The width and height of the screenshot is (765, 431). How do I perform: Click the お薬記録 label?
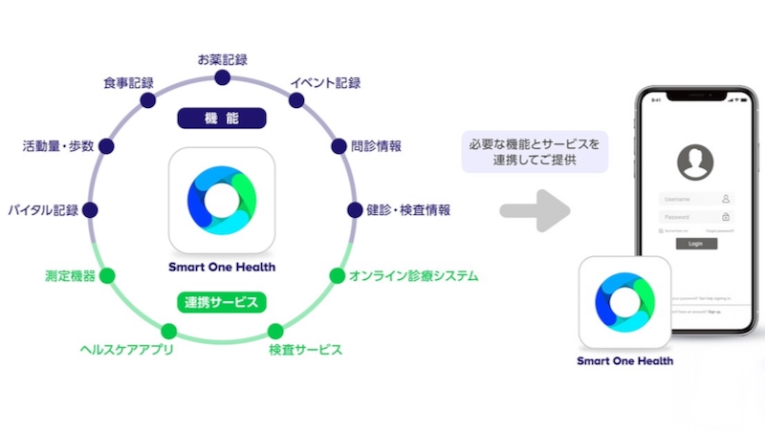click(222, 59)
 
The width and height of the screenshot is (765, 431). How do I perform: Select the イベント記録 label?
click(325, 83)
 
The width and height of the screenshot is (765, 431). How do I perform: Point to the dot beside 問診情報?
click(339, 147)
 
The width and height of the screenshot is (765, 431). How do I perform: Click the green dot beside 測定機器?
click(107, 276)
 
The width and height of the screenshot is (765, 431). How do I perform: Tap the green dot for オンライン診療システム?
click(337, 276)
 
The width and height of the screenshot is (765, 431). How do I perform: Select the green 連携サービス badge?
click(221, 302)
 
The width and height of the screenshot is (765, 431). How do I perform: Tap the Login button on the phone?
click(696, 244)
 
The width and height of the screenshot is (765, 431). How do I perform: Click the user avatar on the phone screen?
click(695, 162)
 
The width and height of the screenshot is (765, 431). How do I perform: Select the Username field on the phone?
click(695, 199)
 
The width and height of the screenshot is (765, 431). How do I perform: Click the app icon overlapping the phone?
click(624, 302)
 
